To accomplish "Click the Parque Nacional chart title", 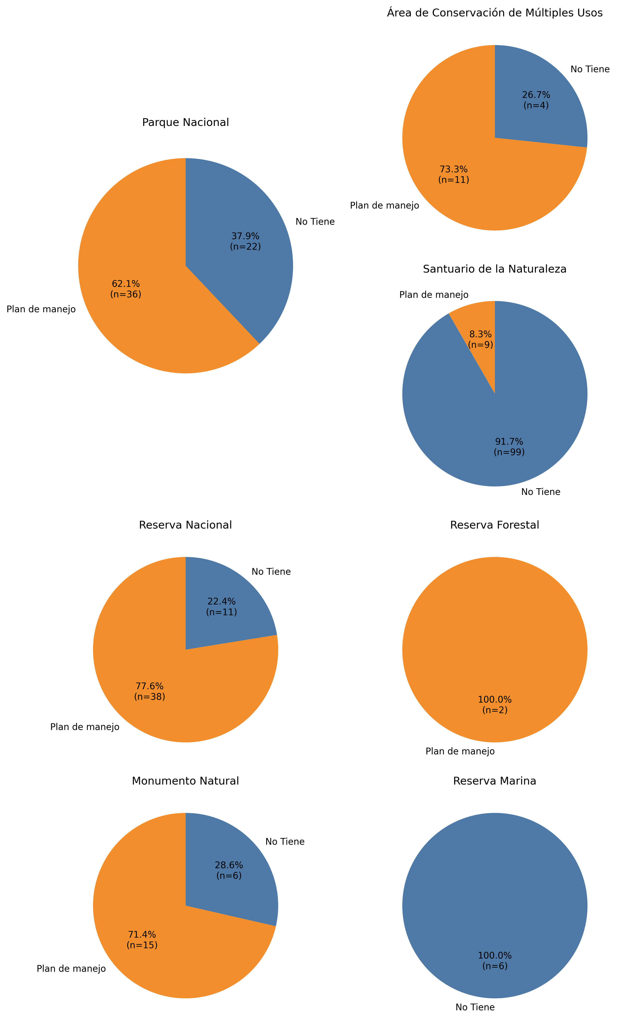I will [185, 122].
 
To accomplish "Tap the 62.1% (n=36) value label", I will [126, 289].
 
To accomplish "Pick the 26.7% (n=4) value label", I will [536, 100].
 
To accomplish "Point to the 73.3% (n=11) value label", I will [454, 174].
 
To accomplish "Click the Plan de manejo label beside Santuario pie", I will [434, 295].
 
